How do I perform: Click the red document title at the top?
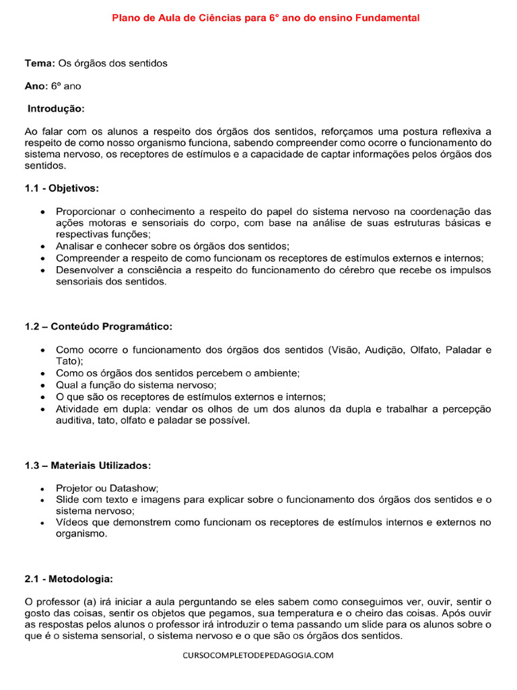265,18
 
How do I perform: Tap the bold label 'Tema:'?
40,63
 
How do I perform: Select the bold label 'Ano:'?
36,86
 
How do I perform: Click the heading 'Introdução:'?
56,108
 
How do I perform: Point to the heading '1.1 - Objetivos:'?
62,188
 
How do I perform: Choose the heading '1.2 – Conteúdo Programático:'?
99,327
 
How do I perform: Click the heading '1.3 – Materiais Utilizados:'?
88,466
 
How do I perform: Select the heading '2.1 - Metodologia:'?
69,579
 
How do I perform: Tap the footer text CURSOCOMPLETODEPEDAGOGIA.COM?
258,655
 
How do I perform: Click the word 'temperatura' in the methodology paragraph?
291,613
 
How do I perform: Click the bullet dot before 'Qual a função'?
44,385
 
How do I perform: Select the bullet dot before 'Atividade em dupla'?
44,410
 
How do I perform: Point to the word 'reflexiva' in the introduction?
461,131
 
